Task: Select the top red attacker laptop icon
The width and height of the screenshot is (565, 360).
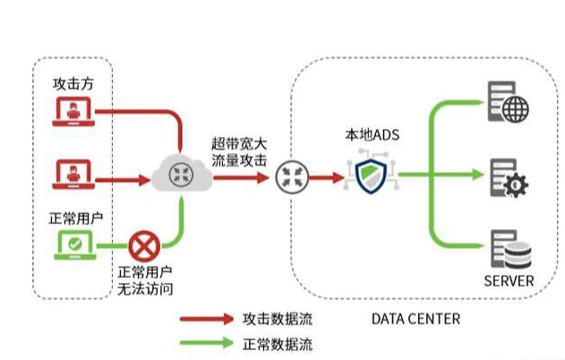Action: [x=72, y=110]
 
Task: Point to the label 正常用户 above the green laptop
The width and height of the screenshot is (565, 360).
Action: [x=73, y=218]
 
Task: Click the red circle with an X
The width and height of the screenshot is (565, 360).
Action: [x=142, y=244]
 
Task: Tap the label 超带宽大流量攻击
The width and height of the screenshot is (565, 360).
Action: [x=239, y=152]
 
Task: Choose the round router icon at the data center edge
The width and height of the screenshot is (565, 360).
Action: [x=291, y=176]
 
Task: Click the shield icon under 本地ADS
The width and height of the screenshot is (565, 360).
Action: [x=371, y=176]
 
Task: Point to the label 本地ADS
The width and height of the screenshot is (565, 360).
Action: [x=372, y=136]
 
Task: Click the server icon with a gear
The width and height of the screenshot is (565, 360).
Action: [x=507, y=176]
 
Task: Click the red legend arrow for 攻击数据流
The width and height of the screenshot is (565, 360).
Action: [x=205, y=318]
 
